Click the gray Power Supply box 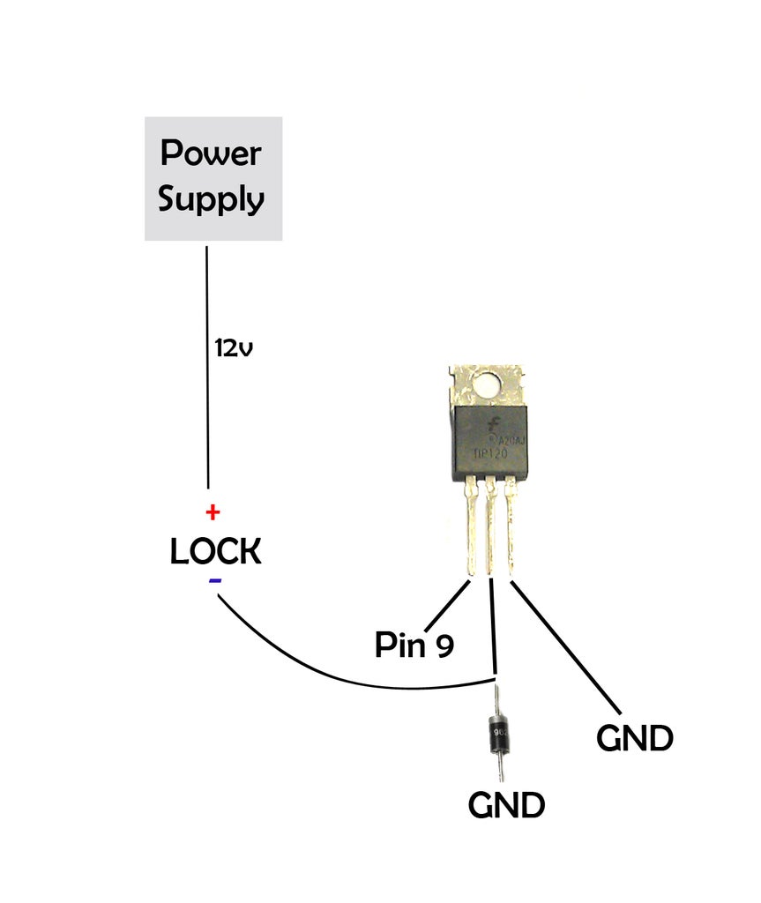point(213,177)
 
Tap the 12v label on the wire point(234,347)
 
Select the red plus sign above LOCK point(213,511)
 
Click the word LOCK point(215,552)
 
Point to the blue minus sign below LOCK point(215,581)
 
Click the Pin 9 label point(414,645)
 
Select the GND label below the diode point(506,804)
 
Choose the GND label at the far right point(634,738)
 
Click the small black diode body point(500,733)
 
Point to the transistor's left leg point(473,529)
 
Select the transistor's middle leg point(490,529)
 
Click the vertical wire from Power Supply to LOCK point(208,397)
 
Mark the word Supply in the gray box point(212,199)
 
